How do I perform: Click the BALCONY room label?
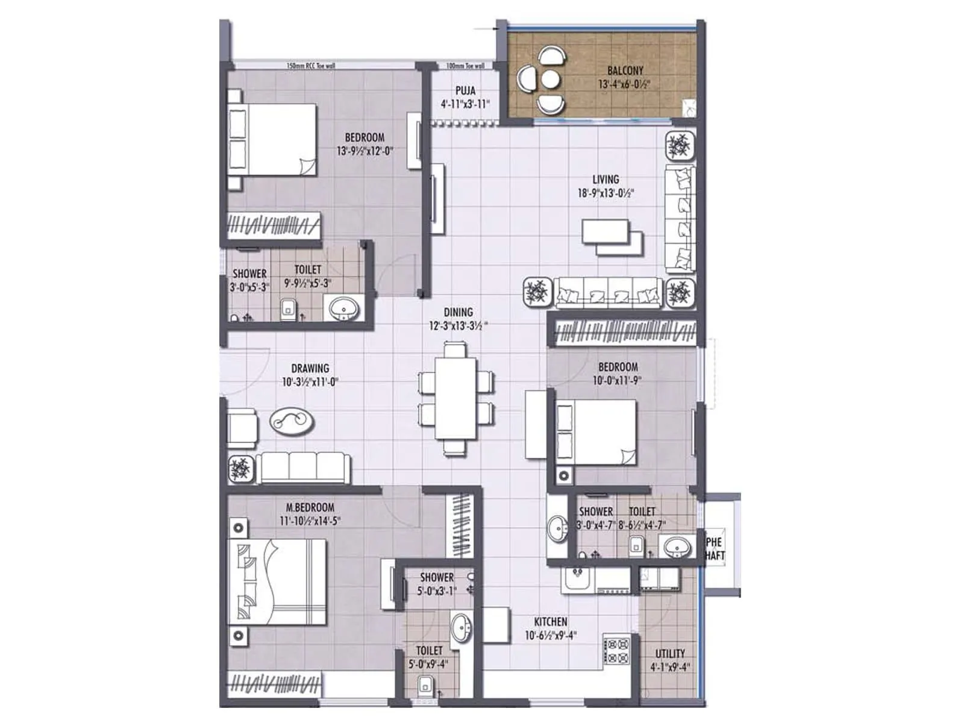625,70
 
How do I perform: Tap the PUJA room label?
465,90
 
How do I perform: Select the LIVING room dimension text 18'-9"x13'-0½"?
606,193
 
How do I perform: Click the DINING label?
458,312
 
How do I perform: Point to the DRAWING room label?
310,368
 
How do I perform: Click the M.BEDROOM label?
310,508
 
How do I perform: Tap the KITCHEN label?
550,622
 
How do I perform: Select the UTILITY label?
670,654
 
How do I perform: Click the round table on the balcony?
549,80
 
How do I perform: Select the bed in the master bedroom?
277,582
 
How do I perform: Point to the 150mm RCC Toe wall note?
311,66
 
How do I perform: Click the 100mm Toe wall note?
465,66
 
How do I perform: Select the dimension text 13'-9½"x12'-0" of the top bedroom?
365,151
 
